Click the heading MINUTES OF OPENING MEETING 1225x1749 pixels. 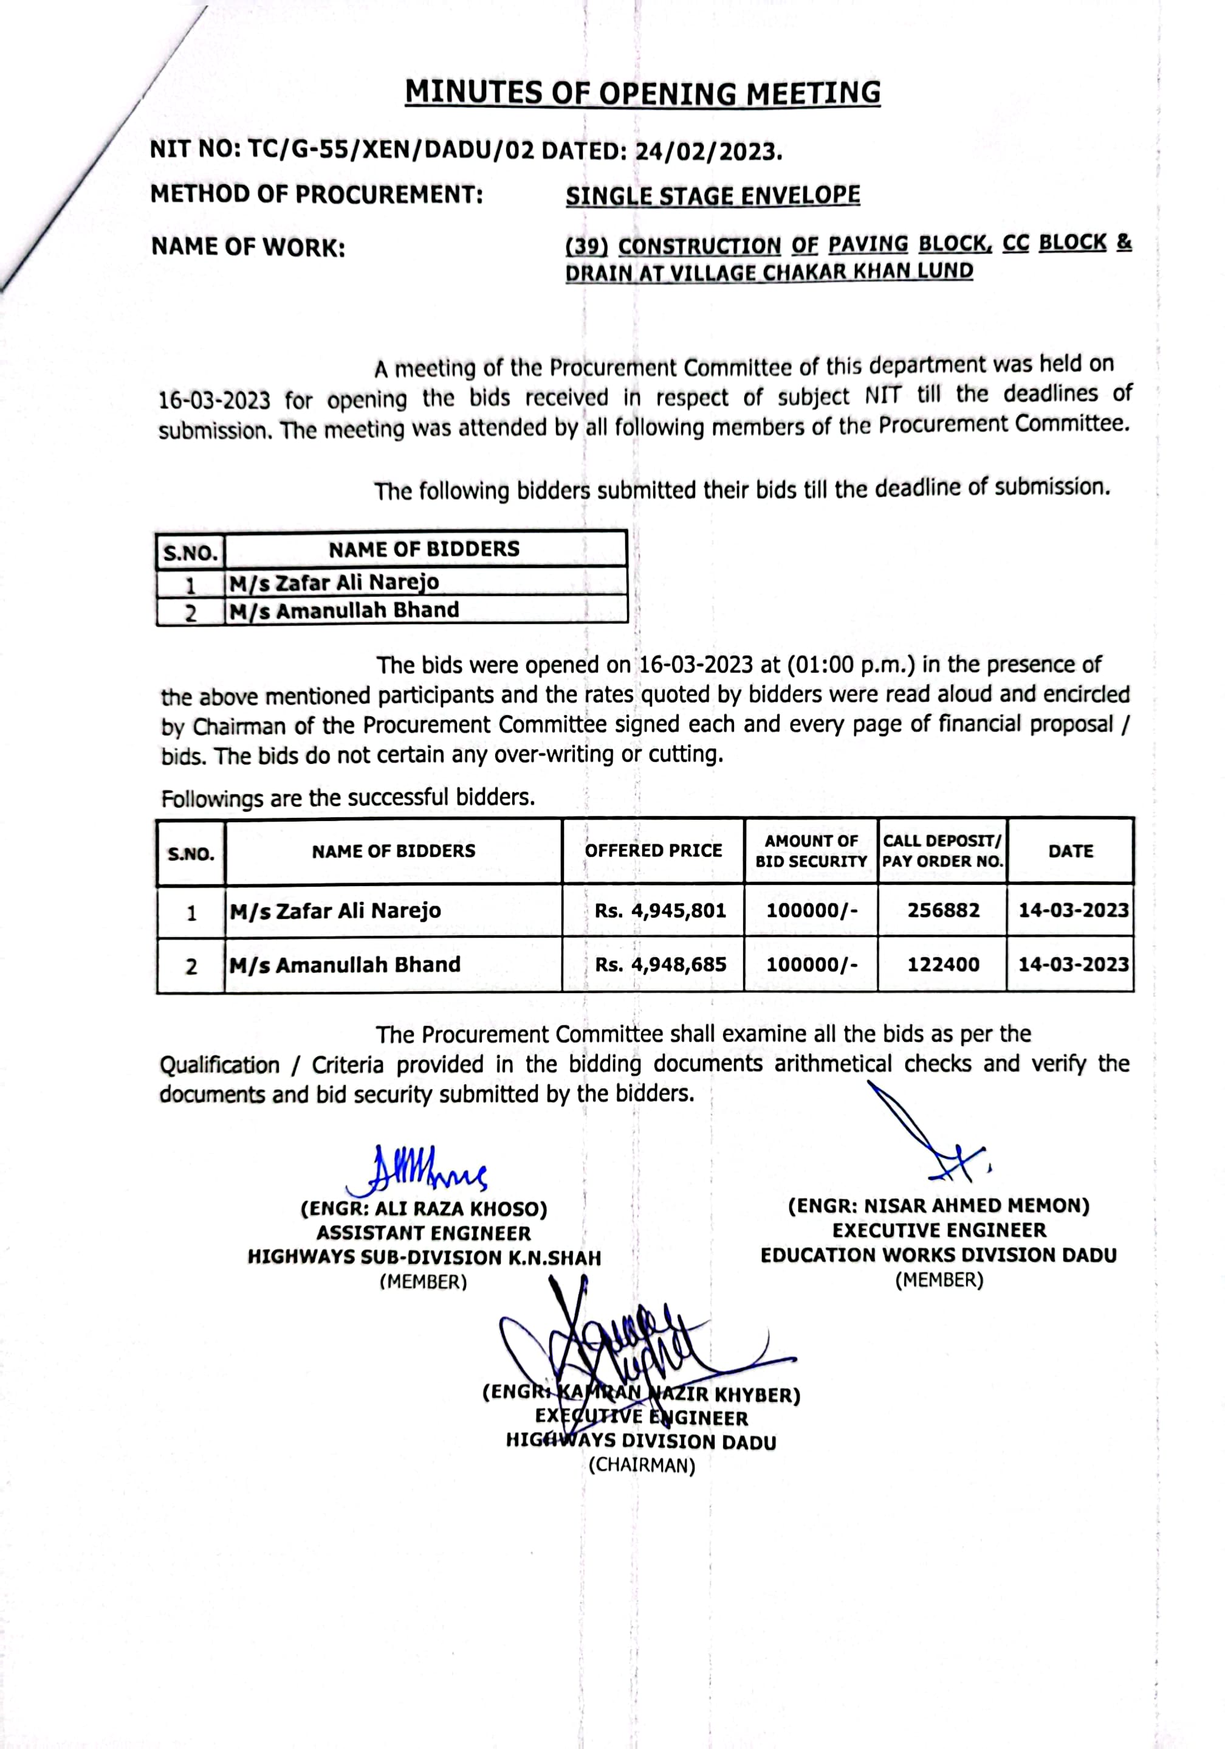(642, 93)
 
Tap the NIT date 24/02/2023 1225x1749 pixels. (708, 151)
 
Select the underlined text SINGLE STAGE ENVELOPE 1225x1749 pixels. (713, 196)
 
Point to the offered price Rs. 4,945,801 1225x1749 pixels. (660, 910)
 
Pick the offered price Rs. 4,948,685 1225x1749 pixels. (660, 965)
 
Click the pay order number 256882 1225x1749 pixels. (942, 910)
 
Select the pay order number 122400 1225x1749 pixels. (942, 965)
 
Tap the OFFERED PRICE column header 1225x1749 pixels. (653, 850)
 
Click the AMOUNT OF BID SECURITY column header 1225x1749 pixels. (811, 851)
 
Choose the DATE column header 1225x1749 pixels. (1069, 851)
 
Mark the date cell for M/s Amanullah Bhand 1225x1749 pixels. (1072, 965)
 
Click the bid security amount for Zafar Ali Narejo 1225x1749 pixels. (811, 910)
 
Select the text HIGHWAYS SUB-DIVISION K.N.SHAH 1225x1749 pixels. (424, 1258)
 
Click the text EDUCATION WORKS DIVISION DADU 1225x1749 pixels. (938, 1255)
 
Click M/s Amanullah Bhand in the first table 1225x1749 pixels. (344, 610)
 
